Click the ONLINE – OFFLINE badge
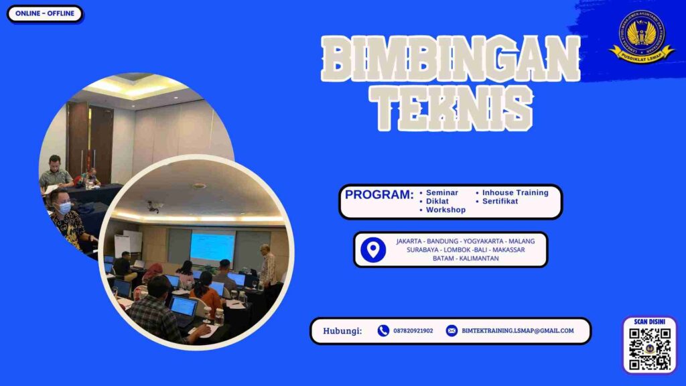(x=45, y=13)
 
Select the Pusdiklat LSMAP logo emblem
(x=642, y=36)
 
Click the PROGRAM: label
(x=379, y=195)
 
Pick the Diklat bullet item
(x=437, y=201)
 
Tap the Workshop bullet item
(x=445, y=210)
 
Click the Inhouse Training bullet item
(x=514, y=193)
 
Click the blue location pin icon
(x=373, y=249)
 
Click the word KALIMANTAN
(x=476, y=258)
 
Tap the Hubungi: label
(x=342, y=331)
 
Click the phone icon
(x=383, y=330)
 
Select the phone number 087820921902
(x=413, y=331)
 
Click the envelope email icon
(x=452, y=330)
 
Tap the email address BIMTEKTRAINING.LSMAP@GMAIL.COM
(x=518, y=331)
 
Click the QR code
(x=649, y=348)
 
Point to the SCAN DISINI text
(x=649, y=322)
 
